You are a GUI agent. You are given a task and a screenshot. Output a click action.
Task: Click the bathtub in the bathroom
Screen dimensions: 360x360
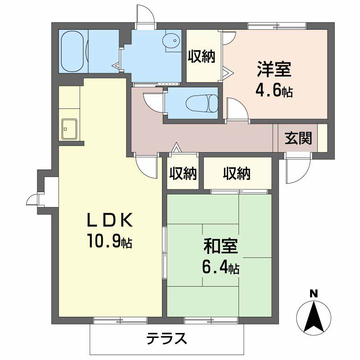(72, 51)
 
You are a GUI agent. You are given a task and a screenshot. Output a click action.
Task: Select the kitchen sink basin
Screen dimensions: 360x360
(69, 129)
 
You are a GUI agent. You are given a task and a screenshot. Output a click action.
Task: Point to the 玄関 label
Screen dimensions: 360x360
(298, 138)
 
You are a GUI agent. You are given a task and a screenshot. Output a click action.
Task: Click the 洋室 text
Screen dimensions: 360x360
(274, 69)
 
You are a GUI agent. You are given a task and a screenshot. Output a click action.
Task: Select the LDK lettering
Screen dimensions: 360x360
(109, 220)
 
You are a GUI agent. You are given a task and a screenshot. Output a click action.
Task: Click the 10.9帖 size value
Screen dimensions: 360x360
(109, 240)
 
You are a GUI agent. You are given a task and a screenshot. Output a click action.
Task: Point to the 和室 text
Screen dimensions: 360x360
(220, 246)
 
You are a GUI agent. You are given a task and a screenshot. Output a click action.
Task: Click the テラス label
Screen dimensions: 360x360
(167, 338)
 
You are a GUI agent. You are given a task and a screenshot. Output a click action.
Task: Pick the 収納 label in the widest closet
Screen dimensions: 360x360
(237, 173)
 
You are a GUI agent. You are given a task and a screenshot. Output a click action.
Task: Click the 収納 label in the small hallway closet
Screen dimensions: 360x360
(183, 173)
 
